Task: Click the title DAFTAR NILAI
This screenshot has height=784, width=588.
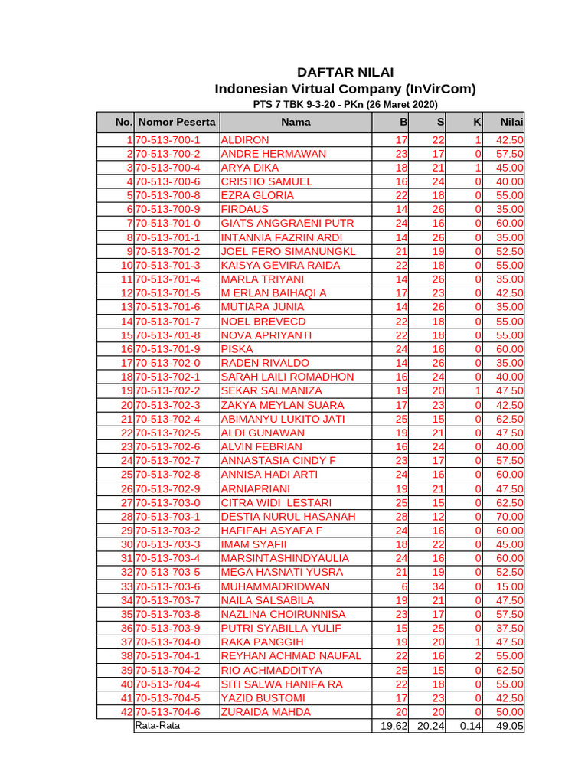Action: (345, 72)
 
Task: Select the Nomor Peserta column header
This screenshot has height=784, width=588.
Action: (178, 122)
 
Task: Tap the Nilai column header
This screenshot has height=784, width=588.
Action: (511, 122)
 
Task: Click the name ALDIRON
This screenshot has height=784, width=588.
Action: (245, 140)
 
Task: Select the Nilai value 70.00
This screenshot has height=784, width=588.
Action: (509, 517)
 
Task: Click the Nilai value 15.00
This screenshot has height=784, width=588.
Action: (509, 586)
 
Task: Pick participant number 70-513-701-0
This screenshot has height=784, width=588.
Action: (168, 224)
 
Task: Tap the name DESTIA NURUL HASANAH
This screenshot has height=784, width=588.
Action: (289, 517)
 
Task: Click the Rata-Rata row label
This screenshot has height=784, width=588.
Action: (158, 726)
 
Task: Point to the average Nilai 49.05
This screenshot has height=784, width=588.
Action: (509, 726)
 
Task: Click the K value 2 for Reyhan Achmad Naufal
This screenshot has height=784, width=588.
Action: (477, 656)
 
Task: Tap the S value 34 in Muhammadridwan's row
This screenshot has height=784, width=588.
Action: (437, 586)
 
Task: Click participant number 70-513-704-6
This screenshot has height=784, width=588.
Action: (168, 712)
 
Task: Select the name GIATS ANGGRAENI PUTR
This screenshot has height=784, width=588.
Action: (287, 224)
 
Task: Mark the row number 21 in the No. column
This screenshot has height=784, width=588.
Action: (126, 419)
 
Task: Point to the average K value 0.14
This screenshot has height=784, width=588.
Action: (470, 726)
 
